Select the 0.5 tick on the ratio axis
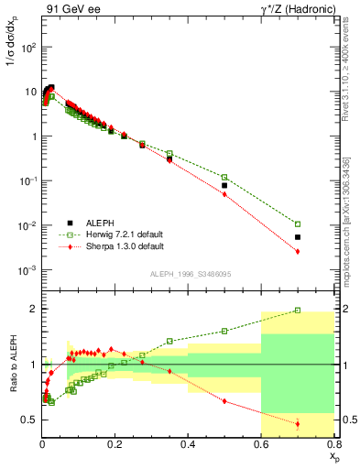click(30, 420)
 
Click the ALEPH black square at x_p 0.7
click(297, 237)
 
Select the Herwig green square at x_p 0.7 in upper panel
click(297, 224)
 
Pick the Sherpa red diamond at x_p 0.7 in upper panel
click(297, 252)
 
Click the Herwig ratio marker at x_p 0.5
click(224, 331)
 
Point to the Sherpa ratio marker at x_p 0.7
click(297, 423)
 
